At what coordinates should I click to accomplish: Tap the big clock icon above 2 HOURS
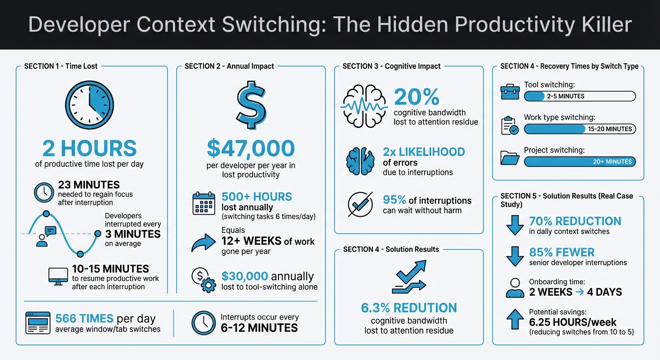pos(89,106)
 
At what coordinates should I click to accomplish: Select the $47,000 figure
pos(250,149)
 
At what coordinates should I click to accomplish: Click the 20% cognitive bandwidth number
pos(416,97)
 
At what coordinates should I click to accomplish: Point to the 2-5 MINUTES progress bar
pos(579,96)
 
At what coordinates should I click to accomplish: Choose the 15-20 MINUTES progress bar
pos(579,129)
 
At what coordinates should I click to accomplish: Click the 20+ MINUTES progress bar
pos(579,162)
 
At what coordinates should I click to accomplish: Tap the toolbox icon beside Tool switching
pos(510,92)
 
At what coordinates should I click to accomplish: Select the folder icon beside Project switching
pos(510,157)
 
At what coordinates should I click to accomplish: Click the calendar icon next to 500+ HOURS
pos(203,204)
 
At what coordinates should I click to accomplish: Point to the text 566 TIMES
pos(84,318)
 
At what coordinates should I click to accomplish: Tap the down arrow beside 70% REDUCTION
pos(515,225)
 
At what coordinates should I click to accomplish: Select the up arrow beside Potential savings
pos(515,321)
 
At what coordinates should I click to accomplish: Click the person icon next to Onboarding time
pos(515,288)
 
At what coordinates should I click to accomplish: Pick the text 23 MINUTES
pos(89,185)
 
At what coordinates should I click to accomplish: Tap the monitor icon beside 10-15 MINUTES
pos(58,277)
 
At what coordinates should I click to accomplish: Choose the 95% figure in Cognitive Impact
pos(395,200)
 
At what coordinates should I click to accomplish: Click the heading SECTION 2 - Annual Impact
pos(229,66)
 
